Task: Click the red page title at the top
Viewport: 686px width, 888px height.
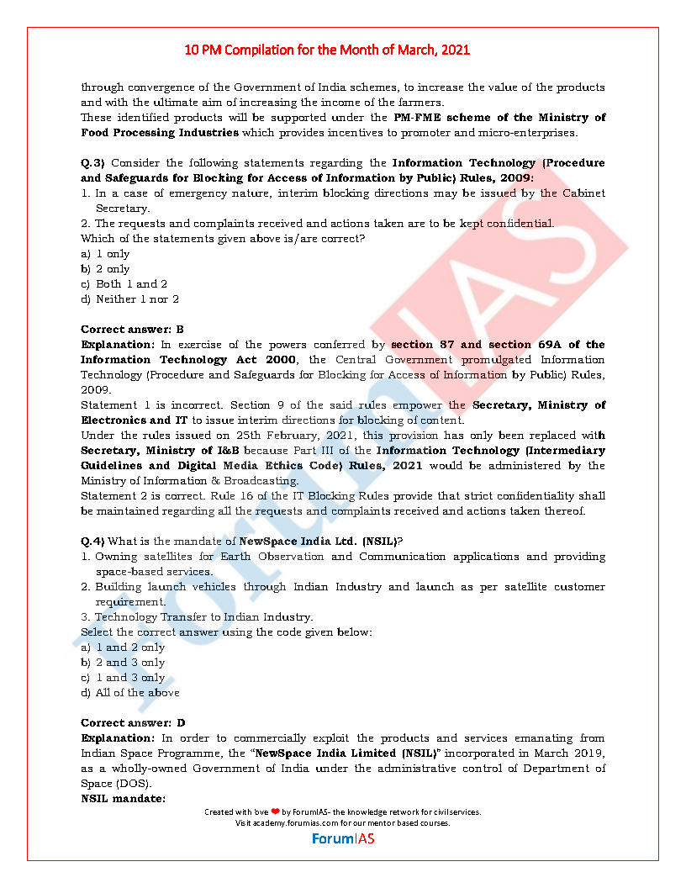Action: (x=327, y=50)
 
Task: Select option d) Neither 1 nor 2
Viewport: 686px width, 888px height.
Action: (x=130, y=299)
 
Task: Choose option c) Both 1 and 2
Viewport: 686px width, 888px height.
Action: (x=124, y=283)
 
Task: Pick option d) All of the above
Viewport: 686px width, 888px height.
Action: (x=130, y=692)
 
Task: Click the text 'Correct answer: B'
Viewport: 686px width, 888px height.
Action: (x=132, y=329)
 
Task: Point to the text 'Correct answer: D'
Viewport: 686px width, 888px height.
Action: (x=133, y=722)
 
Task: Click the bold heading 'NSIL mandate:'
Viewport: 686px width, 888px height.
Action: (x=123, y=798)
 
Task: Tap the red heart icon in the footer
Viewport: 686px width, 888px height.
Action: (x=275, y=812)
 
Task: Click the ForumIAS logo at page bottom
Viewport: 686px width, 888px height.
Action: (x=343, y=838)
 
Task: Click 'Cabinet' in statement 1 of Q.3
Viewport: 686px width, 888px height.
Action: (x=584, y=193)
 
